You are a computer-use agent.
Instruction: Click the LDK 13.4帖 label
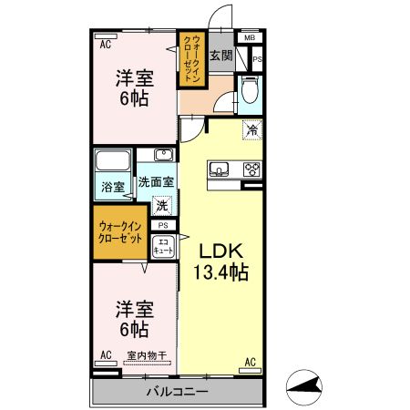220,261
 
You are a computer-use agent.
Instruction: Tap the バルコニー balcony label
178,392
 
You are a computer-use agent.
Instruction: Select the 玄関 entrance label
220,56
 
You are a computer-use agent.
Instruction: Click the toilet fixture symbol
251,89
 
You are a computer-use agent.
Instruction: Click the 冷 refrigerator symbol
251,129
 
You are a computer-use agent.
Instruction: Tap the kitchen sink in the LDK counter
220,169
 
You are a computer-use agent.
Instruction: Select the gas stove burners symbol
251,169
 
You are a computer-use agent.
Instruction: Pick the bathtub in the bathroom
113,162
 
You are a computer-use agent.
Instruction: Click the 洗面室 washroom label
156,182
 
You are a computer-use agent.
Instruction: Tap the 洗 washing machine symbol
162,206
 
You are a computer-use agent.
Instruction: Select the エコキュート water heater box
163,245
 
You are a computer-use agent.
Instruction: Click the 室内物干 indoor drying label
145,355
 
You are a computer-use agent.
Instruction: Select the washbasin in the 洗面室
163,155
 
